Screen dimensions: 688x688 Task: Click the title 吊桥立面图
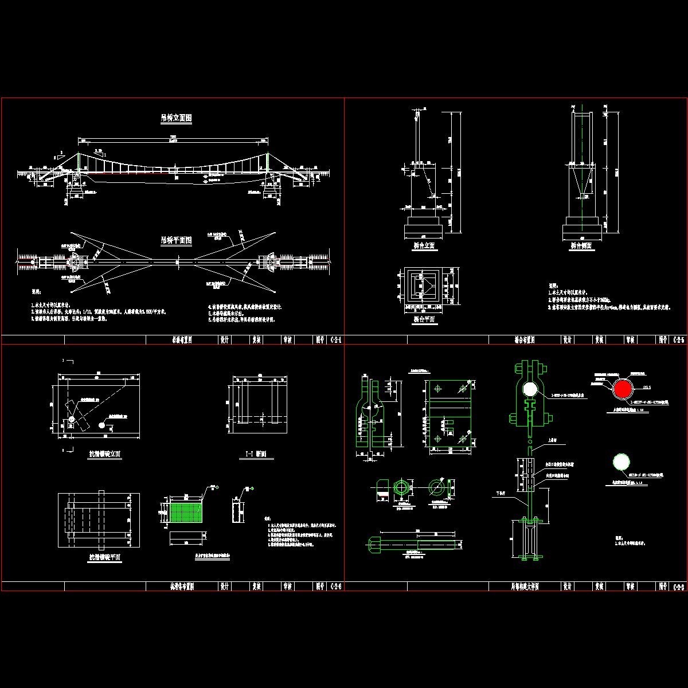pyautogui.click(x=176, y=119)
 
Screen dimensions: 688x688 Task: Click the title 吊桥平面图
pyautogui.click(x=176, y=240)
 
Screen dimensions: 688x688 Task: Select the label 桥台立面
pyautogui.click(x=424, y=245)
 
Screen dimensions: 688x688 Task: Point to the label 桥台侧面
pyautogui.click(x=581, y=245)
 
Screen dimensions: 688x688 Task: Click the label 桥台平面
pyautogui.click(x=424, y=319)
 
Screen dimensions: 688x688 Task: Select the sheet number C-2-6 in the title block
pyautogui.click(x=336, y=587)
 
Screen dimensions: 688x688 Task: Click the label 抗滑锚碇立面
pyautogui.click(x=104, y=454)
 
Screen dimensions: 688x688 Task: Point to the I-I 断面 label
pyautogui.click(x=256, y=455)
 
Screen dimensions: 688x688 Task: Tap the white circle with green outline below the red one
pyautogui.click(x=621, y=462)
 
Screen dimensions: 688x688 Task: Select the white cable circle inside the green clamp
pyautogui.click(x=530, y=389)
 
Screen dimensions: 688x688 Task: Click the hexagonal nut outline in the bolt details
pyautogui.click(x=401, y=487)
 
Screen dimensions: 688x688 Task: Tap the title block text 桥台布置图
pyautogui.click(x=524, y=340)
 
